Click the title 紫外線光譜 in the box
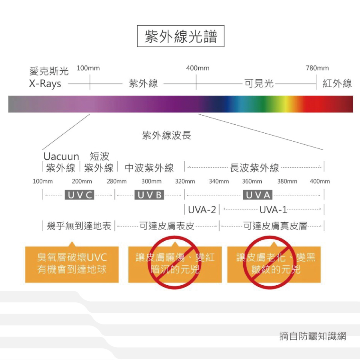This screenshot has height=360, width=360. click(x=180, y=36)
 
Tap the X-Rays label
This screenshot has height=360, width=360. click(x=45, y=84)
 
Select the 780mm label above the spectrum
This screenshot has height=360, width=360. click(x=317, y=68)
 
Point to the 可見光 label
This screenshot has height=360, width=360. click(x=259, y=84)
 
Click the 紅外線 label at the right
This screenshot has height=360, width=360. click(x=337, y=84)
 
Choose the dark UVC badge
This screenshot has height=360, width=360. click(x=79, y=195)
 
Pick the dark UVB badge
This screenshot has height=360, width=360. click(x=150, y=195)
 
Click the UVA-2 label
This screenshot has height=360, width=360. click(x=202, y=210)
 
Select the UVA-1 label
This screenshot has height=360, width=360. click(x=273, y=210)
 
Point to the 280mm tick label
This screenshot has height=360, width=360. click(x=116, y=182)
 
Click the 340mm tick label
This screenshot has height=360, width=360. click(x=219, y=182)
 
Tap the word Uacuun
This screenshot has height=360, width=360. click(x=61, y=156)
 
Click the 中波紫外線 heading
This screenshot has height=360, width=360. click(x=149, y=168)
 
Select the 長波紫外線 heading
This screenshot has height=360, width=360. click(x=254, y=168)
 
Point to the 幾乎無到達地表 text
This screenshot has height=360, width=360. click(x=79, y=226)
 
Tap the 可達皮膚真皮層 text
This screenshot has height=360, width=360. click(x=275, y=226)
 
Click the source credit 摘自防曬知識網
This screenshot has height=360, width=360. click(x=312, y=336)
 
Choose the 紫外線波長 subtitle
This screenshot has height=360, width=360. click(x=166, y=136)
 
